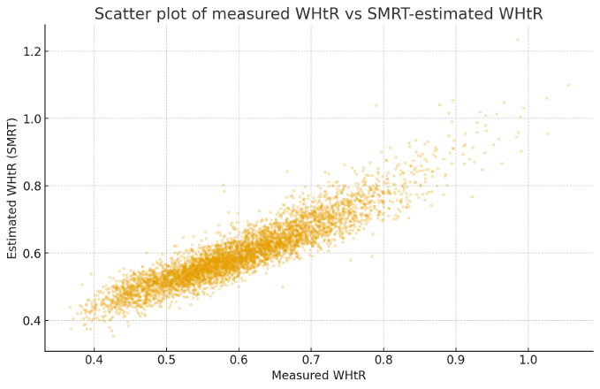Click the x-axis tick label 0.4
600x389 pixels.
tap(94, 361)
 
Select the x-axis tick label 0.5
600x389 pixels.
tap(166, 361)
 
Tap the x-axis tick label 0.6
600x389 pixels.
tap(239, 361)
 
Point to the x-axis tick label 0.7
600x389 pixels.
tap(311, 361)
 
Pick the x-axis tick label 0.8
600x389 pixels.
tap(384, 361)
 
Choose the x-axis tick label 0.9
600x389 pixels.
tap(455, 361)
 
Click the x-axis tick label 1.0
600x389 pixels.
tap(528, 361)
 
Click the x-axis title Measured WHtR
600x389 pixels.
tap(318, 376)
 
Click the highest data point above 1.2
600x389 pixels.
tap(518, 40)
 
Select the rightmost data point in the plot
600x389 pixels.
tap(568, 86)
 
